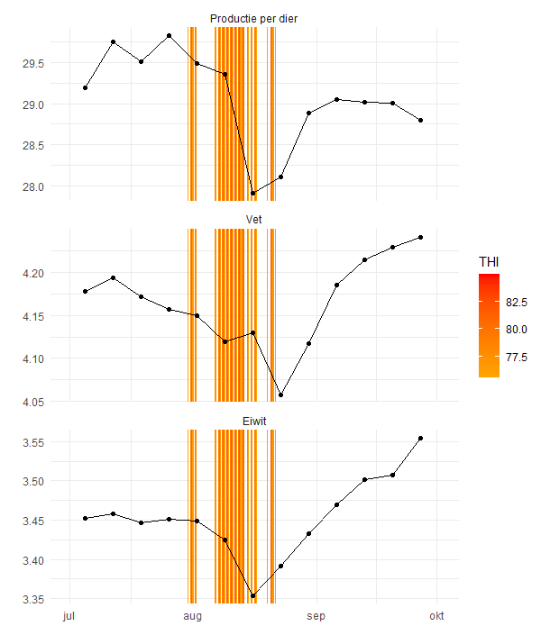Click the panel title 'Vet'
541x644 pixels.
[x=253, y=219]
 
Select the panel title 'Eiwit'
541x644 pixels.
[x=253, y=421]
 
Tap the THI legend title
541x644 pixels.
[x=489, y=261]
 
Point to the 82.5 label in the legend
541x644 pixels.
[x=517, y=302]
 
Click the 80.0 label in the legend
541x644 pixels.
[x=517, y=330]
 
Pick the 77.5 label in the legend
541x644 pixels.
[x=517, y=358]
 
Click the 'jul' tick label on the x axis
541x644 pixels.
[x=69, y=616]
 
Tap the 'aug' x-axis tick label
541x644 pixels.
[x=191, y=616]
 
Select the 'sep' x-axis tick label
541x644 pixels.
[x=315, y=616]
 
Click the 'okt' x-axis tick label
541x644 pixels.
[x=436, y=616]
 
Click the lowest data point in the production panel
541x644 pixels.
[x=253, y=193]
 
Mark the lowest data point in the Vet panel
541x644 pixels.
[x=281, y=395]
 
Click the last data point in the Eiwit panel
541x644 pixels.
[x=421, y=438]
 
